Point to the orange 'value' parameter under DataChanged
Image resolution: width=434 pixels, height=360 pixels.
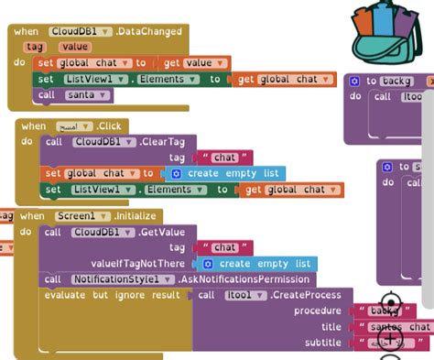tap(75, 47)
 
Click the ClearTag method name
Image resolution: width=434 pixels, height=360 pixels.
tap(169, 141)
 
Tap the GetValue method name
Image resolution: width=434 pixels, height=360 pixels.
tap(169, 232)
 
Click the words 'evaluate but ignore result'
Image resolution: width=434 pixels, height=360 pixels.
tap(115, 295)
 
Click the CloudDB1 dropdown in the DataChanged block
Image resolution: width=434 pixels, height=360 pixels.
tap(81, 31)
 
